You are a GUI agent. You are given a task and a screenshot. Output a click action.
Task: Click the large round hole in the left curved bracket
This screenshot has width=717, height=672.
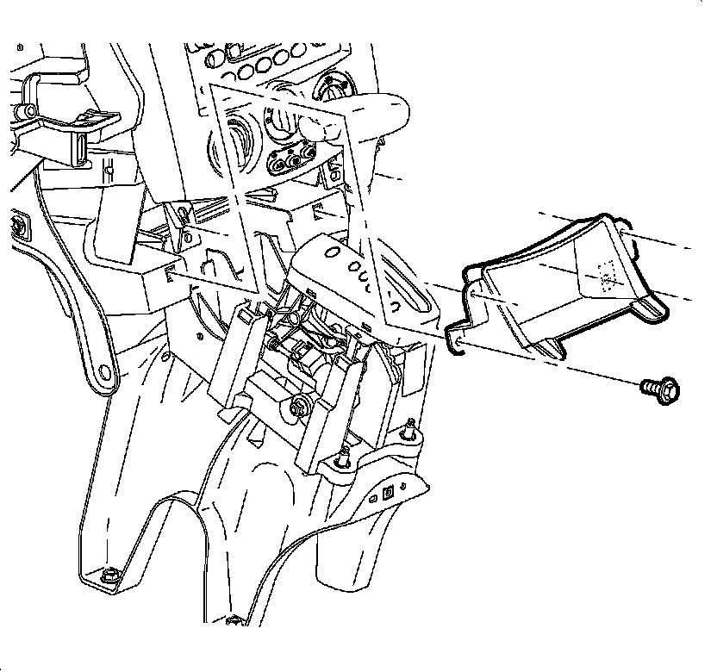coord(105,372)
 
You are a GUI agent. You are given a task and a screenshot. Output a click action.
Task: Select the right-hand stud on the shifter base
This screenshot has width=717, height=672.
coord(410,426)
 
